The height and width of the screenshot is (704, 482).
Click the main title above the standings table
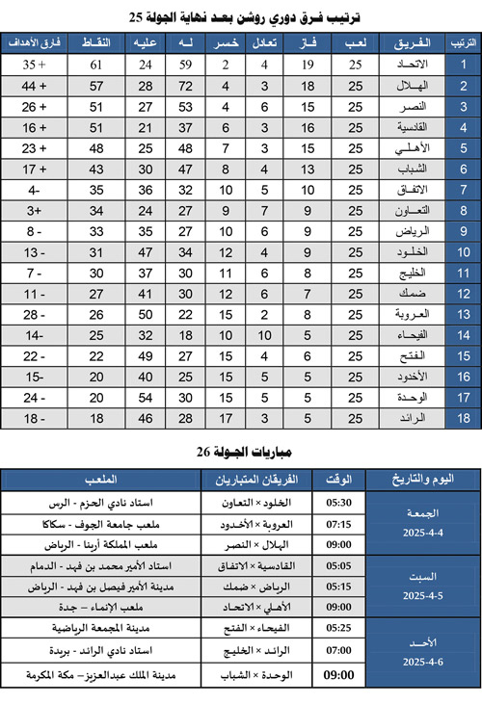pyautogui.click(x=241, y=16)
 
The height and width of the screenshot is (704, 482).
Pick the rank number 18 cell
pyautogui.click(x=464, y=418)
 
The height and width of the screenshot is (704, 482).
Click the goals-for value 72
pyautogui.click(x=187, y=86)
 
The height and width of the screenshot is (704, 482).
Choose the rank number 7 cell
pyautogui.click(x=464, y=190)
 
